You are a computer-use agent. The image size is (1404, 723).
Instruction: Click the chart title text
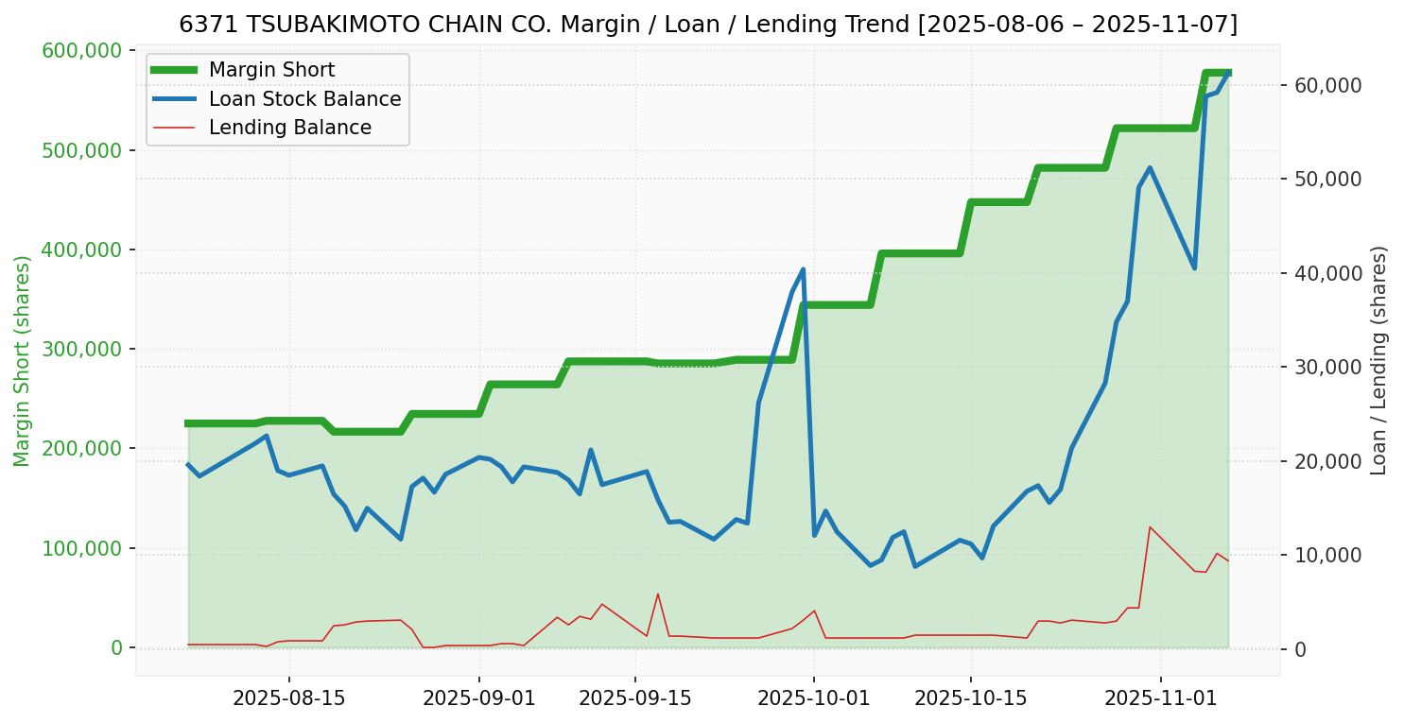[707, 25]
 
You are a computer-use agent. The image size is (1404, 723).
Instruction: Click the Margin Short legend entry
[271, 70]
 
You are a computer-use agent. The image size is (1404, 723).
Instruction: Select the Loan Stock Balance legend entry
[304, 99]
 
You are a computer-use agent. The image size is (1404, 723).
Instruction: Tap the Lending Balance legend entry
[289, 128]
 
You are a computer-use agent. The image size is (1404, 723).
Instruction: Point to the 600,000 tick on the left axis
[83, 50]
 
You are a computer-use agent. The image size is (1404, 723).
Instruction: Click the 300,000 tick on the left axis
[83, 349]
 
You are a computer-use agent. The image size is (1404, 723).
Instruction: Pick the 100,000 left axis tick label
[83, 548]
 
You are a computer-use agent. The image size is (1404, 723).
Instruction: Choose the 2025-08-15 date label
[288, 698]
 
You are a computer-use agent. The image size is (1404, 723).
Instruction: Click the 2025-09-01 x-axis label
[478, 698]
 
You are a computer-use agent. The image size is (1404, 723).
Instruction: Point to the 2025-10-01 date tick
[814, 698]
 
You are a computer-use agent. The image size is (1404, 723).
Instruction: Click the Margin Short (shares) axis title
[22, 361]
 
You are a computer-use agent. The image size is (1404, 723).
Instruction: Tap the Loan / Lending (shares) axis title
[1379, 361]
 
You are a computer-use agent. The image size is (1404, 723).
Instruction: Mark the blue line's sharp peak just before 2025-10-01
[803, 269]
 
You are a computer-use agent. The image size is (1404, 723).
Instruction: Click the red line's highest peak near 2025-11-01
[1150, 526]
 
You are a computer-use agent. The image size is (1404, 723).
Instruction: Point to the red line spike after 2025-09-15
[658, 594]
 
